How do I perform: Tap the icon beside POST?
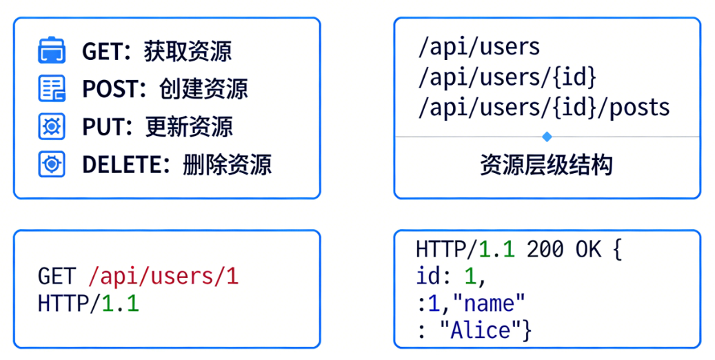(x=51, y=88)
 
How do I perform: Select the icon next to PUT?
(x=51, y=126)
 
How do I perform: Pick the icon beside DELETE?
(x=51, y=164)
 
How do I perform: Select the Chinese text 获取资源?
(x=188, y=52)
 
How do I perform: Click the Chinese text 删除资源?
(x=227, y=165)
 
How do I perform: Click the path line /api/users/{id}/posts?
(x=543, y=108)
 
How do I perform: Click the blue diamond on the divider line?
(x=547, y=137)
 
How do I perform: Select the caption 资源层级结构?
(x=546, y=166)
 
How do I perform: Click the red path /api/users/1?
(x=163, y=277)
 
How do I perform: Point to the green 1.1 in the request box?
(x=121, y=303)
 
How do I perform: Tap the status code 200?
(x=545, y=250)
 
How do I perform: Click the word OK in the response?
(x=588, y=250)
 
